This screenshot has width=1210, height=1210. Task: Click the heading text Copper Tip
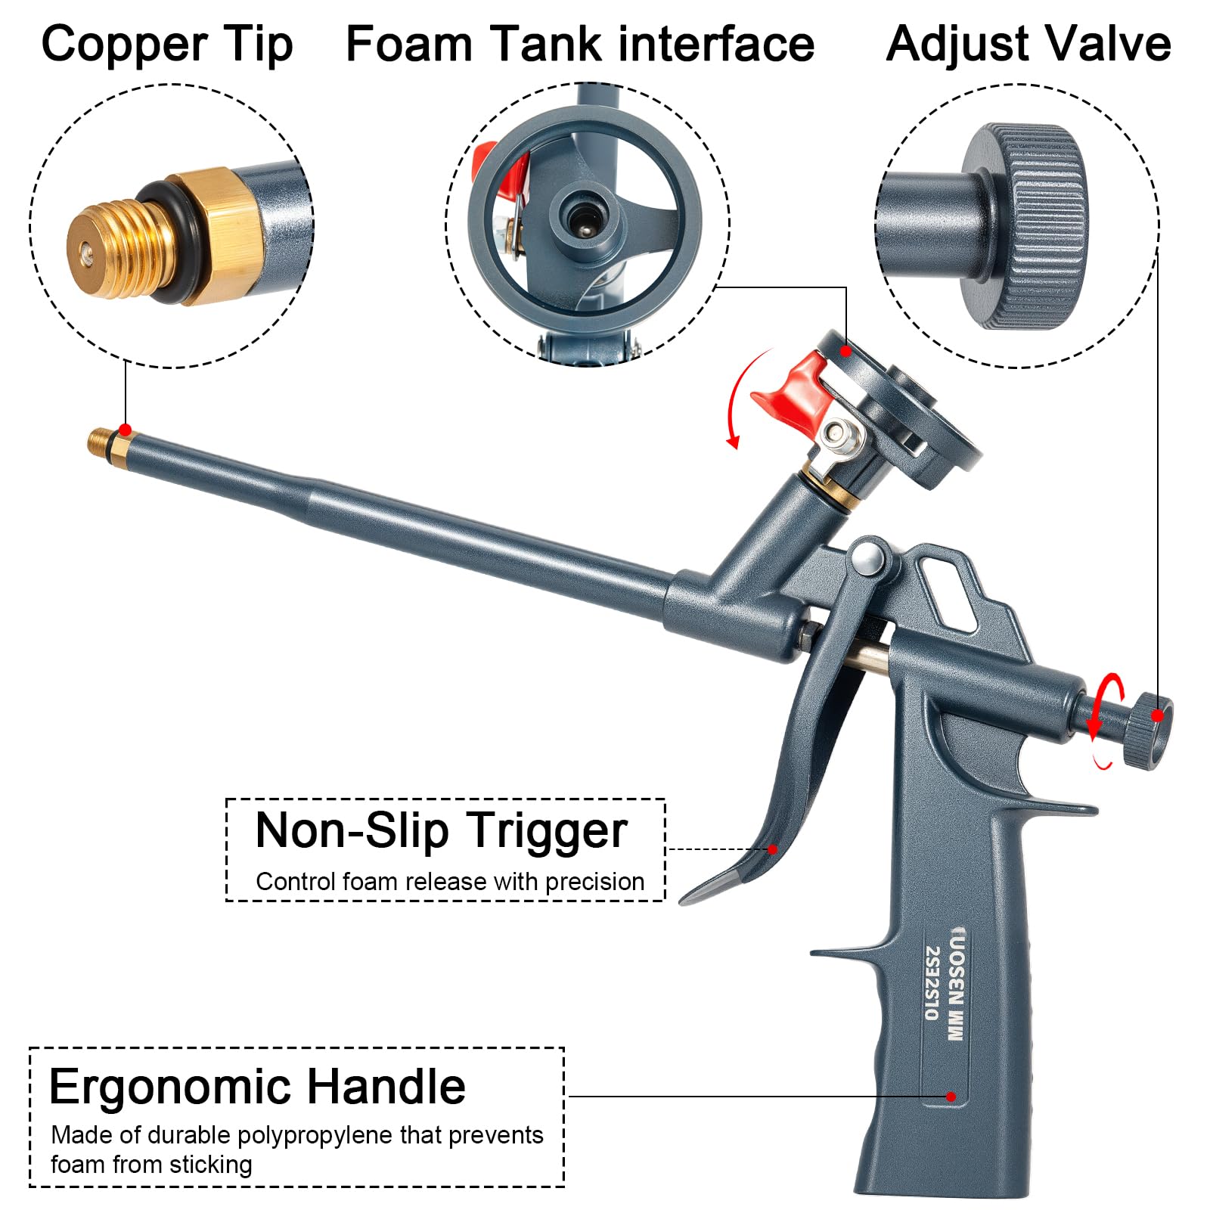click(x=167, y=45)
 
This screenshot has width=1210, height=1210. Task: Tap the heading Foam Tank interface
click(x=580, y=44)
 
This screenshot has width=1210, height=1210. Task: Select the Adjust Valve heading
click(x=1028, y=44)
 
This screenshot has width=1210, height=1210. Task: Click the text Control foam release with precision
click(x=450, y=882)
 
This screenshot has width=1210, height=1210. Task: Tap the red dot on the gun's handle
click(x=951, y=1097)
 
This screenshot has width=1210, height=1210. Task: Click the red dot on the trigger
click(x=773, y=849)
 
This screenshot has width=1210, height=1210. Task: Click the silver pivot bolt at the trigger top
click(x=869, y=558)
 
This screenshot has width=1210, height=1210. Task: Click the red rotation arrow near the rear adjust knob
click(x=1100, y=718)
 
